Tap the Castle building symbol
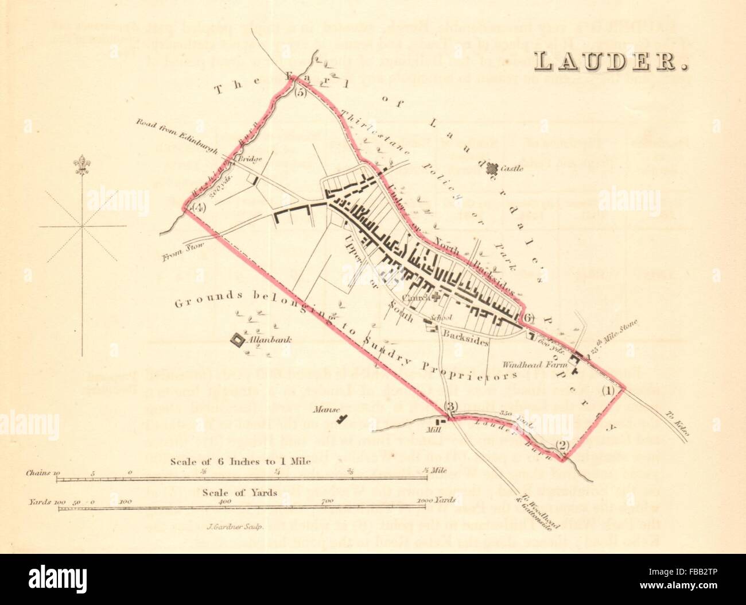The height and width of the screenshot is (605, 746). pos(491,168)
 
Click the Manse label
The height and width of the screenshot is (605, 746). pos(324,410)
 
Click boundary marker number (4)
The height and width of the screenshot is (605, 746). pos(199,207)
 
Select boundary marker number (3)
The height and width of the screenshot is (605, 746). pos(452,407)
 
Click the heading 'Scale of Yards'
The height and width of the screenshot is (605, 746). pos(240,492)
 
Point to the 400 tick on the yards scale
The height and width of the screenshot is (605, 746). pos(225,501)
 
